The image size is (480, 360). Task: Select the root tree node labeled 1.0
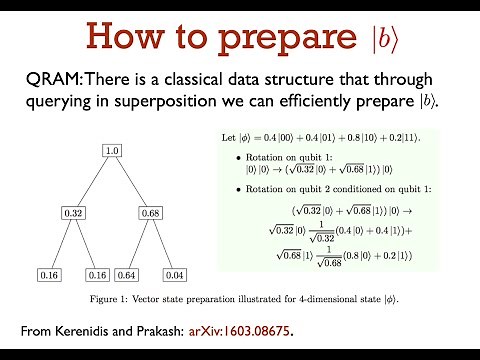tap(113, 151)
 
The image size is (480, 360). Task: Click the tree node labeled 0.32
tap(71, 213)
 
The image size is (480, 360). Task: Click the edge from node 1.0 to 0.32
tap(92, 182)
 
